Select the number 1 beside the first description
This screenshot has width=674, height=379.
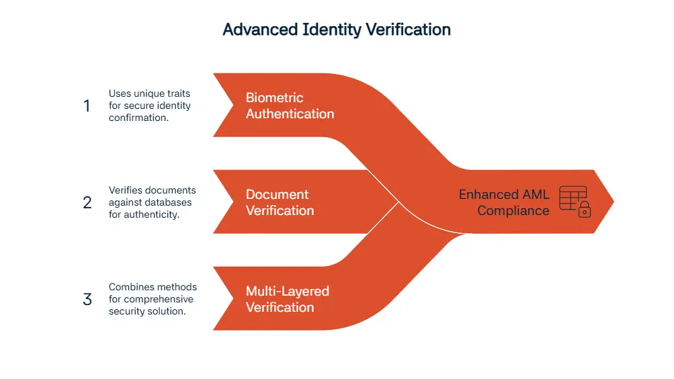pos(86,106)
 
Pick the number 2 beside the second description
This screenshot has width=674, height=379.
pos(87,202)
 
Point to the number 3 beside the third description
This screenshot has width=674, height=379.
pos(87,299)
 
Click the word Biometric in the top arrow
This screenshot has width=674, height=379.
pos(274,97)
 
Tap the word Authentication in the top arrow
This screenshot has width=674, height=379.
pos(290,114)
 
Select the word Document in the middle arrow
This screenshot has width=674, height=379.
pos(277,194)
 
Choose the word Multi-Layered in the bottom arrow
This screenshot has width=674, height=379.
pos(287,291)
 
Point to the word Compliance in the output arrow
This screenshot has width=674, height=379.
pos(513,210)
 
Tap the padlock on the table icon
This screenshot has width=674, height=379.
pos(585,210)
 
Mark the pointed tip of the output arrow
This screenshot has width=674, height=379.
pos(612,202)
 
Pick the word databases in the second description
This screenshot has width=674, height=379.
pos(171,202)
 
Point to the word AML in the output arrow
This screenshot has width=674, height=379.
pos(535,194)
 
